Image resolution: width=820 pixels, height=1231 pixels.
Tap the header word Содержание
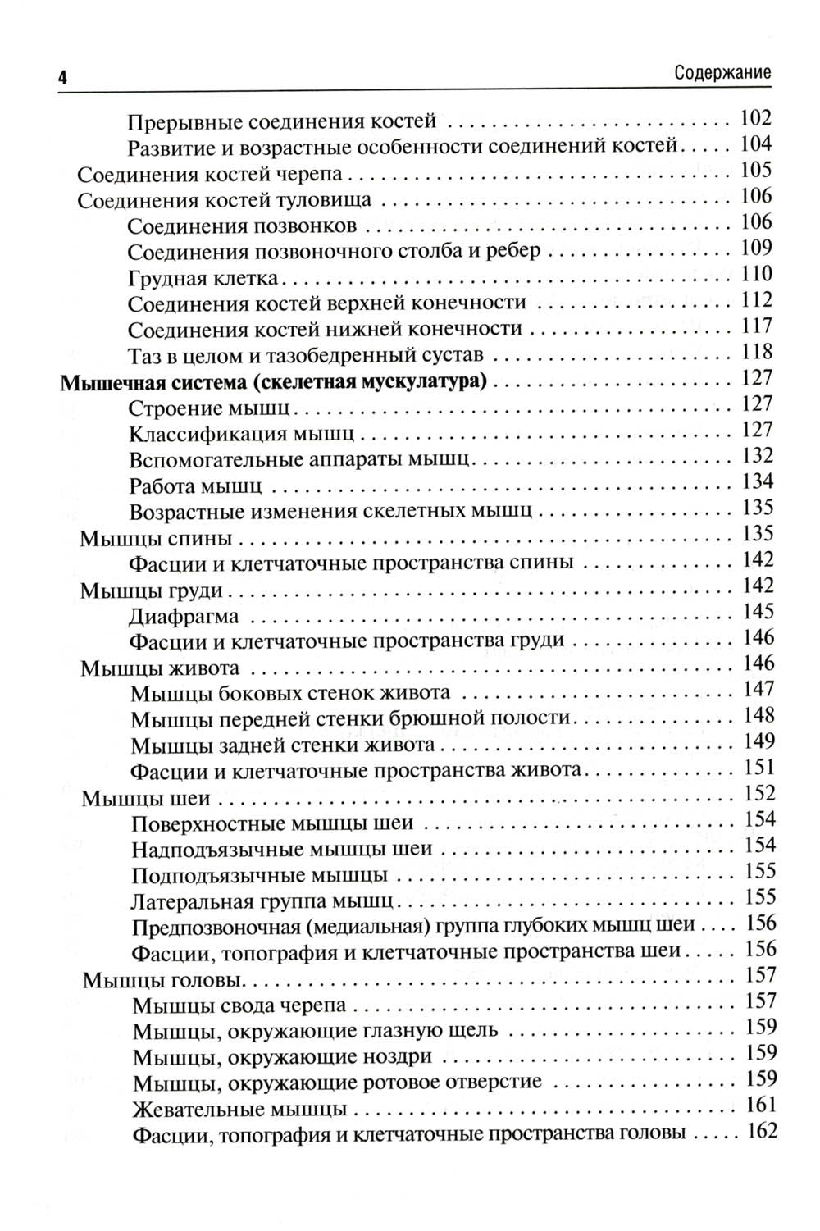click(722, 72)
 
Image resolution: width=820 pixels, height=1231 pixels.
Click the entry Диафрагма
click(184, 616)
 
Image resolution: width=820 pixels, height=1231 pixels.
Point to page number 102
click(755, 118)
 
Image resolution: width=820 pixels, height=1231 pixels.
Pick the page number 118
click(755, 353)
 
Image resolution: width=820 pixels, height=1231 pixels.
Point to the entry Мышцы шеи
click(147, 799)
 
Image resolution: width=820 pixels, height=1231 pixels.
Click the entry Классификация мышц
click(242, 434)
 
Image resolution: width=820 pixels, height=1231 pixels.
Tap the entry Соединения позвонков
click(242, 226)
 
